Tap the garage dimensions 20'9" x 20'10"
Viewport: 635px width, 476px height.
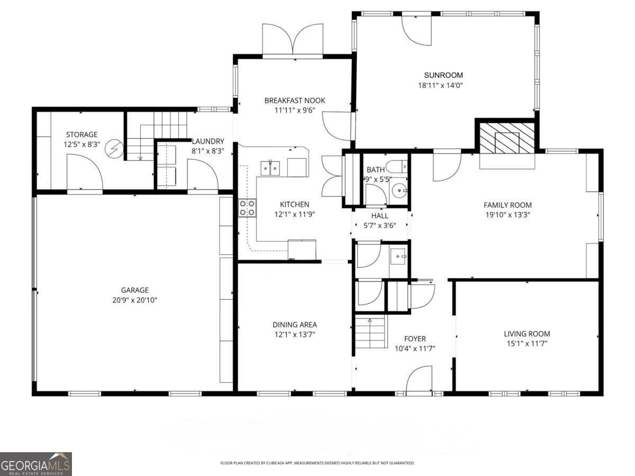[134, 300]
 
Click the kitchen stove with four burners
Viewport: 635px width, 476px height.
[248, 208]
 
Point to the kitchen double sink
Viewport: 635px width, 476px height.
[271, 168]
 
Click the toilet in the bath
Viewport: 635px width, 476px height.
[397, 166]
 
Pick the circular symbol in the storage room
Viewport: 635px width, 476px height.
[114, 149]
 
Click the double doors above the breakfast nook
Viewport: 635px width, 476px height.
[293, 40]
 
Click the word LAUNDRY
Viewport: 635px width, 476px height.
[207, 141]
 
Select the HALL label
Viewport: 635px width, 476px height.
[379, 216]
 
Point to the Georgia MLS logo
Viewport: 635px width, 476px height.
[35, 463]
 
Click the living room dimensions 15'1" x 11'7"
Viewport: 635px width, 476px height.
[526, 343]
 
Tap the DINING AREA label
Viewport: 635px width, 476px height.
[295, 325]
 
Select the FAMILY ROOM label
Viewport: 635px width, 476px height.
[507, 205]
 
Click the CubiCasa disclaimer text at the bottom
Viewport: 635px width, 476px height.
[317, 463]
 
